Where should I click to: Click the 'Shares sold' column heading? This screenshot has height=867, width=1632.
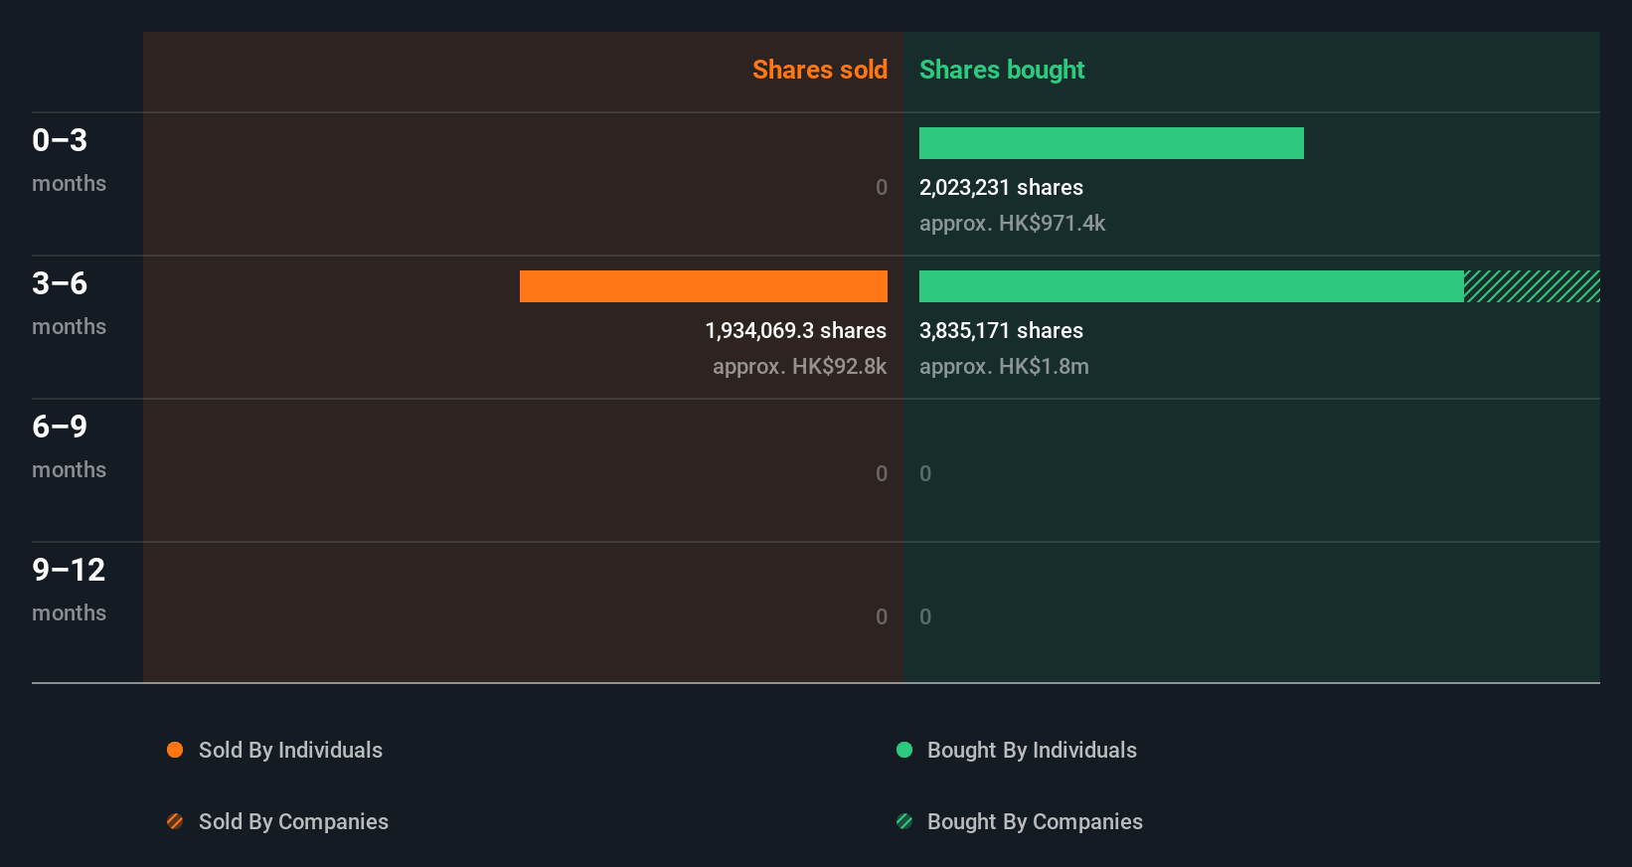[x=819, y=70]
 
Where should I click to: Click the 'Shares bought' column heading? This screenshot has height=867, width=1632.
[x=1001, y=70]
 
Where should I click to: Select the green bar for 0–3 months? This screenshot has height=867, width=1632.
[x=1111, y=143]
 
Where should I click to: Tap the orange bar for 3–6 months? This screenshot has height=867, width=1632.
[x=703, y=286]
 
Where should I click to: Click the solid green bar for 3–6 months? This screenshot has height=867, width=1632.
[x=1191, y=286]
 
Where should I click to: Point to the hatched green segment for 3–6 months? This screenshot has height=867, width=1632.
[x=1532, y=286]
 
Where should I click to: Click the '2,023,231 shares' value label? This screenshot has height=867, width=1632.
[x=1001, y=188]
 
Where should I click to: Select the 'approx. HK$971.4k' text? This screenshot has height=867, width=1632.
[x=1012, y=224]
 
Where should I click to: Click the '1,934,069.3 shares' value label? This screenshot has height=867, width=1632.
[x=795, y=331]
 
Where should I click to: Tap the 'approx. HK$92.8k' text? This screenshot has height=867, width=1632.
[x=799, y=367]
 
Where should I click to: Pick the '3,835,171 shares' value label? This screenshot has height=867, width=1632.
[x=1001, y=331]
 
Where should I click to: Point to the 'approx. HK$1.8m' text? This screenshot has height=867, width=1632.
[x=1004, y=367]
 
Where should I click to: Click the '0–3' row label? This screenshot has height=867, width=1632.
[x=60, y=140]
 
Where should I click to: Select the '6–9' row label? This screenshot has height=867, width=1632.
[x=60, y=427]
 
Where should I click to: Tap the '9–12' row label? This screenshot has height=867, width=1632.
[x=69, y=570]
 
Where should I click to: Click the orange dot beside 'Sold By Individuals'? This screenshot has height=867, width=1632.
[x=175, y=750]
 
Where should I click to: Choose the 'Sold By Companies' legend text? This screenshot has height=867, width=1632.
[x=293, y=822]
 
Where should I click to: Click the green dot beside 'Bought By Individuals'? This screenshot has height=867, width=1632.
[x=904, y=750]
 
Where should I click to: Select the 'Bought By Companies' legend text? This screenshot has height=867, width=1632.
[x=1035, y=822]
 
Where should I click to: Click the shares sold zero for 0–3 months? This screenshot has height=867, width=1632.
[x=881, y=188]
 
